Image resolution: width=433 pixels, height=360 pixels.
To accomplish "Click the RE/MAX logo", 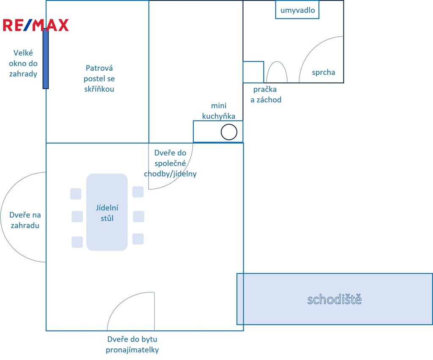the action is [36, 25].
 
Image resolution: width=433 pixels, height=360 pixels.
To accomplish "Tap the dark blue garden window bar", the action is [46, 58].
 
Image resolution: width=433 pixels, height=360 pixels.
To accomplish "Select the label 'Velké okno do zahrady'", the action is [23, 63].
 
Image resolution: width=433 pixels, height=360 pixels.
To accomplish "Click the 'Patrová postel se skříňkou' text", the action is [99, 78].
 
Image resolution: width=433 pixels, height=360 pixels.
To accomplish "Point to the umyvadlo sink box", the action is [297, 10].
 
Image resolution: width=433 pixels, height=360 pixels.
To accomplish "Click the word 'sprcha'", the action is [323, 72].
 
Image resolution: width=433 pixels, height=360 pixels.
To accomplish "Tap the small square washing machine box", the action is [253, 72].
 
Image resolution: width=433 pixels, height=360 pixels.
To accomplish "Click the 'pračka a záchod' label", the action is [266, 94].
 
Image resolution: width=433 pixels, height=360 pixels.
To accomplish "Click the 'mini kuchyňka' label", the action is [219, 111].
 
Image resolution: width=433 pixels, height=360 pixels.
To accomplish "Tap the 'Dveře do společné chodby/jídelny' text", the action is [170, 164].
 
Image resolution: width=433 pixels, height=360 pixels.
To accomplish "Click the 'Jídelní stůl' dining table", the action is [107, 212].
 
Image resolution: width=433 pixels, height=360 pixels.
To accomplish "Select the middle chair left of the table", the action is [77, 217].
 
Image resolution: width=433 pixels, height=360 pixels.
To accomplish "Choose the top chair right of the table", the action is [138, 192].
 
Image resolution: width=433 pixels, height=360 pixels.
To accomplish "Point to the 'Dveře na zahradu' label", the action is [25, 220].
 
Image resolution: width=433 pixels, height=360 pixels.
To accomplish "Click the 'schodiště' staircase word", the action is [334, 299].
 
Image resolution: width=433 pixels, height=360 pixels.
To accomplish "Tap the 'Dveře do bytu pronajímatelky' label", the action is [132, 344].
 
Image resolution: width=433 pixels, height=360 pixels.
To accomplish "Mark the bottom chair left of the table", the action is [77, 242].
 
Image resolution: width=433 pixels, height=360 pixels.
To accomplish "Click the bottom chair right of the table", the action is [138, 239].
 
